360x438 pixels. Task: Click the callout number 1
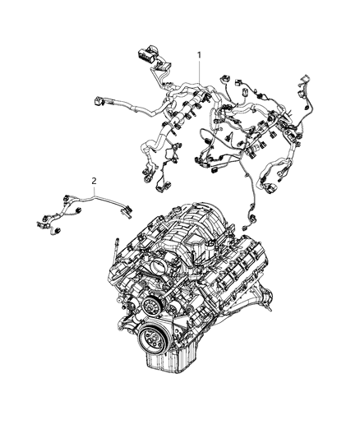198,54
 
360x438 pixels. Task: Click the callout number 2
95,180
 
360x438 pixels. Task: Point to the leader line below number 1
198,71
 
